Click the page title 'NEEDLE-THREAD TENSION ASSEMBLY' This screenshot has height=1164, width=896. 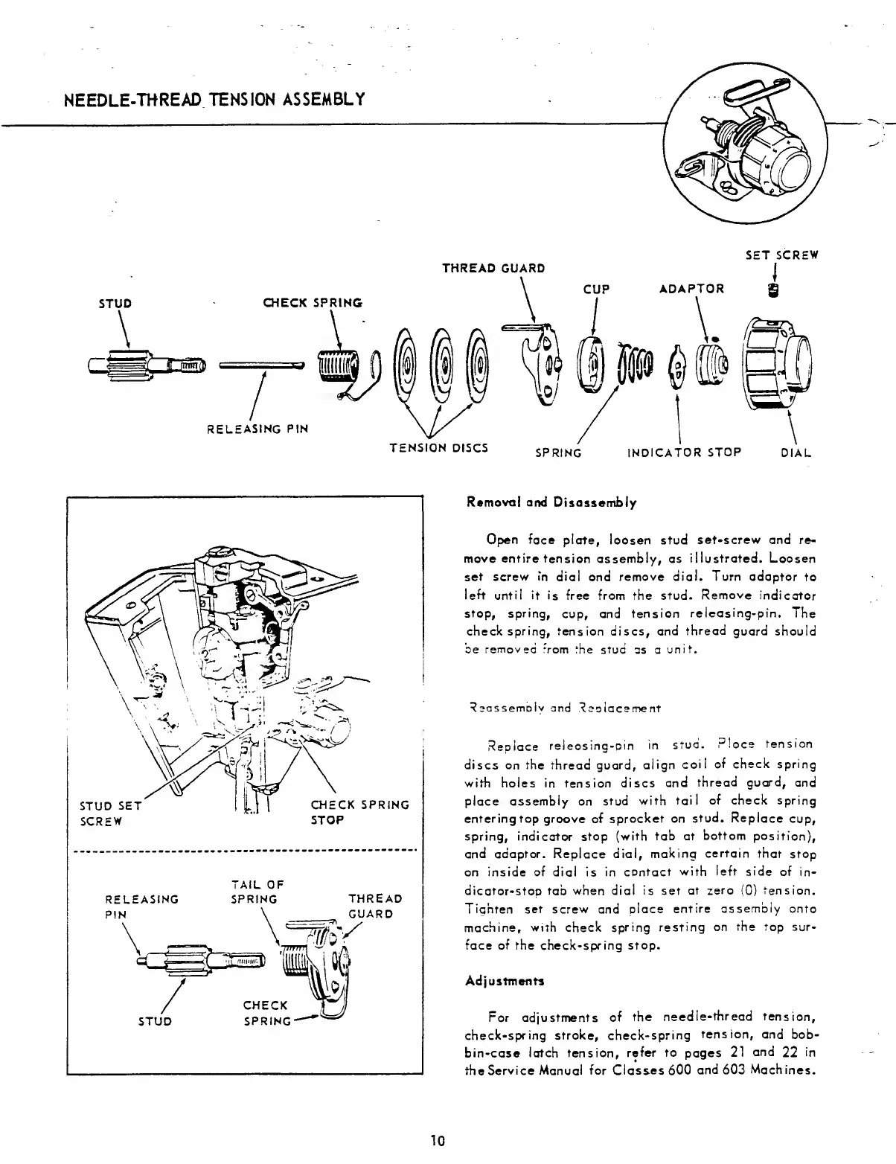[214, 99]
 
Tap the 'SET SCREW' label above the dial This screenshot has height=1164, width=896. [781, 255]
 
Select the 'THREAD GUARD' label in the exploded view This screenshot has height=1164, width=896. [493, 268]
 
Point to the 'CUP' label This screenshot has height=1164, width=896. [597, 289]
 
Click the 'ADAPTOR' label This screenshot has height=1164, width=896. [692, 289]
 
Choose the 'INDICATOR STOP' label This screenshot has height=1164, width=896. [685, 453]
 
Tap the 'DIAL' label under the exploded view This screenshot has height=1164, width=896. [796, 453]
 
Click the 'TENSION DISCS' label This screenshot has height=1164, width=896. [439, 447]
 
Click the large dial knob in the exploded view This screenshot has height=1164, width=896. [778, 365]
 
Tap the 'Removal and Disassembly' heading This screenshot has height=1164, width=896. [551, 502]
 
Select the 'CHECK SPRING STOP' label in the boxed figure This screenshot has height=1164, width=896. [359, 812]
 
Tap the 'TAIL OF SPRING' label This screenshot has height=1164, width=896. [257, 892]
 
